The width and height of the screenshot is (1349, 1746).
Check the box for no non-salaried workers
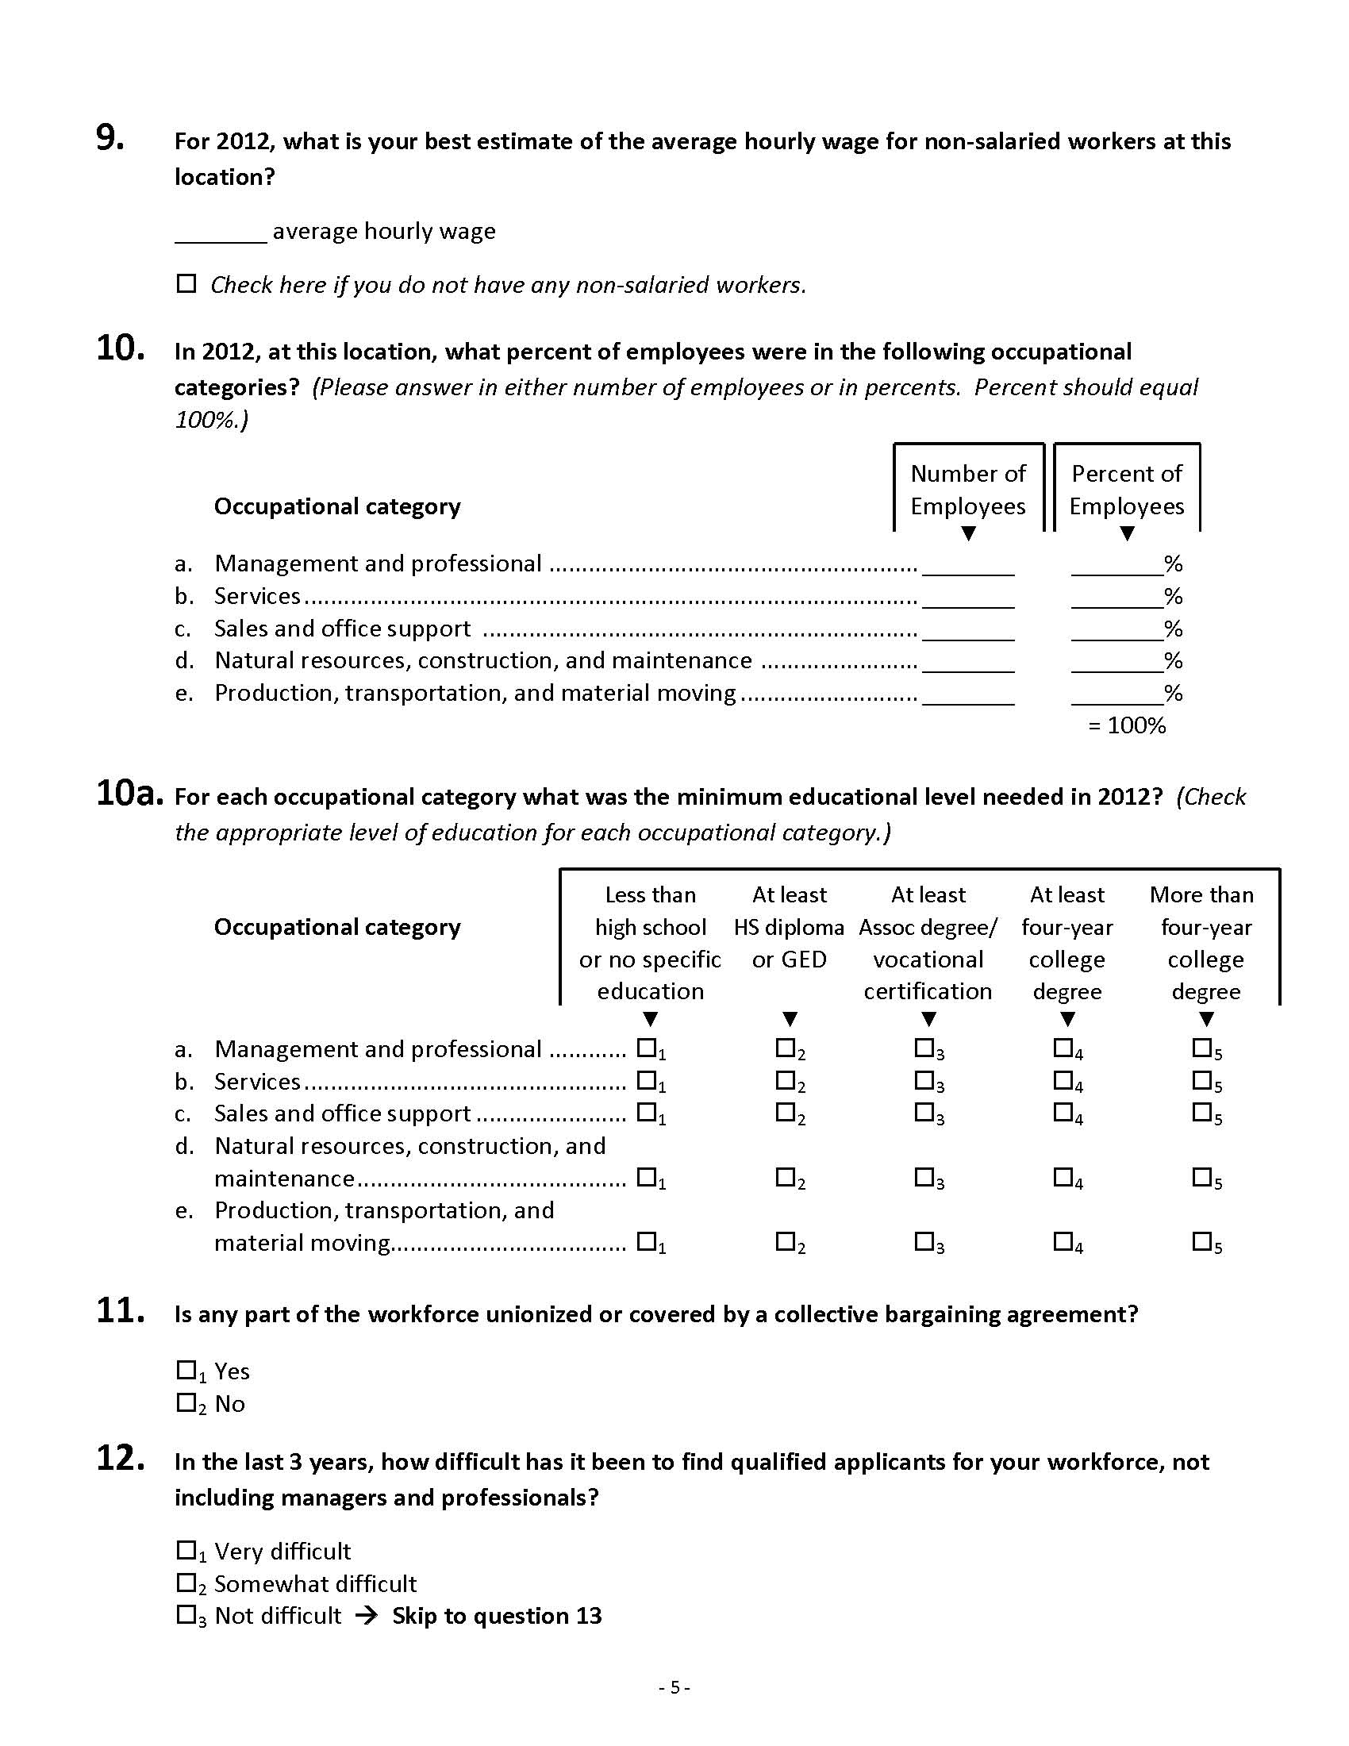[x=186, y=284]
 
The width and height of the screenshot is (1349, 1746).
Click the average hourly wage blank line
[x=221, y=237]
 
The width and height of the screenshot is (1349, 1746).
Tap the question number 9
[x=110, y=139]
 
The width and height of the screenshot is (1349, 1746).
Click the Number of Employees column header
[x=968, y=489]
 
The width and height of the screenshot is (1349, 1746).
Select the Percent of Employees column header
[x=1127, y=489]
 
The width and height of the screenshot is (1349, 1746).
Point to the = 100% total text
[x=1127, y=725]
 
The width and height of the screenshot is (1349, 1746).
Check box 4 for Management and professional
[x=1063, y=1048]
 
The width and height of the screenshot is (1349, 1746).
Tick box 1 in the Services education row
[x=646, y=1080]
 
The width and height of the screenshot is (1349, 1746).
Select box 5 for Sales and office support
[x=1201, y=1112]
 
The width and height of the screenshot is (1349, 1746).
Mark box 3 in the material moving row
[x=924, y=1241]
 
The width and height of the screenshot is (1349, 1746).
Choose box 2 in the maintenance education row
[x=785, y=1177]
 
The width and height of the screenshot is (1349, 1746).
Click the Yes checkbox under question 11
[x=186, y=1371]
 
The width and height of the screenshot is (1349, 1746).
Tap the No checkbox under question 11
[x=186, y=1403]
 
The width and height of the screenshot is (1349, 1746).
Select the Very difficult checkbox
[x=186, y=1551]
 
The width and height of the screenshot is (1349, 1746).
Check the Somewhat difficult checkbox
[x=186, y=1583]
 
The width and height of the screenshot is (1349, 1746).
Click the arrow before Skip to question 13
[x=366, y=1616]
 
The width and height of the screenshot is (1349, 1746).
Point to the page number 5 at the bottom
[x=674, y=1687]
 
